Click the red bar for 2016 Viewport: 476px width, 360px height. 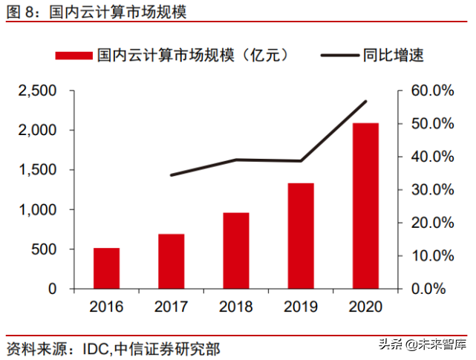coord(106,268)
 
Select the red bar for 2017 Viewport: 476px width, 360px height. coord(171,261)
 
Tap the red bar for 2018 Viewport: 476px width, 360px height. coord(236,251)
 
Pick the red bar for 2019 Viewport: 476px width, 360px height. coord(301,235)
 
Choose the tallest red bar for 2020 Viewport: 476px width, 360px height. coord(365,206)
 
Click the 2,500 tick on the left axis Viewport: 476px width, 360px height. coord(38,91)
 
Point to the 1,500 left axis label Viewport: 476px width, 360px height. coord(38,170)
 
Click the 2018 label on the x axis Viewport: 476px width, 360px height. coord(236,307)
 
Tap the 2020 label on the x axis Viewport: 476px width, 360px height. coord(365,307)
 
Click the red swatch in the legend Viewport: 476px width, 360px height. coord(74,55)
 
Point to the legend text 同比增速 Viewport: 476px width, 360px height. coord(394,55)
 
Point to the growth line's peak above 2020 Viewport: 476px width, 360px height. coord(365,101)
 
